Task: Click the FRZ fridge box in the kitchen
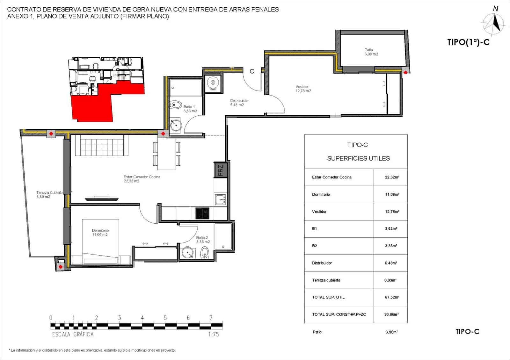click(x=221, y=170)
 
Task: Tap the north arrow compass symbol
click(x=494, y=22)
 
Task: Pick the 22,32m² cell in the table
click(x=392, y=177)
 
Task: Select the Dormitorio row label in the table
click(x=321, y=194)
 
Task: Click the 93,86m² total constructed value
click(x=391, y=314)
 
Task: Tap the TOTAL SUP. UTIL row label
click(x=328, y=297)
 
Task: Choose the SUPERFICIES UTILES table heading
click(x=358, y=158)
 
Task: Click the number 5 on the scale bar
click(x=165, y=318)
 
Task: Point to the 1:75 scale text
click(x=213, y=335)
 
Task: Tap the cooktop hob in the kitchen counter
click(x=202, y=213)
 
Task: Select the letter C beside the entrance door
click(x=252, y=71)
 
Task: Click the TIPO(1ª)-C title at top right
click(x=468, y=42)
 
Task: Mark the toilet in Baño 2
click(x=205, y=253)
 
